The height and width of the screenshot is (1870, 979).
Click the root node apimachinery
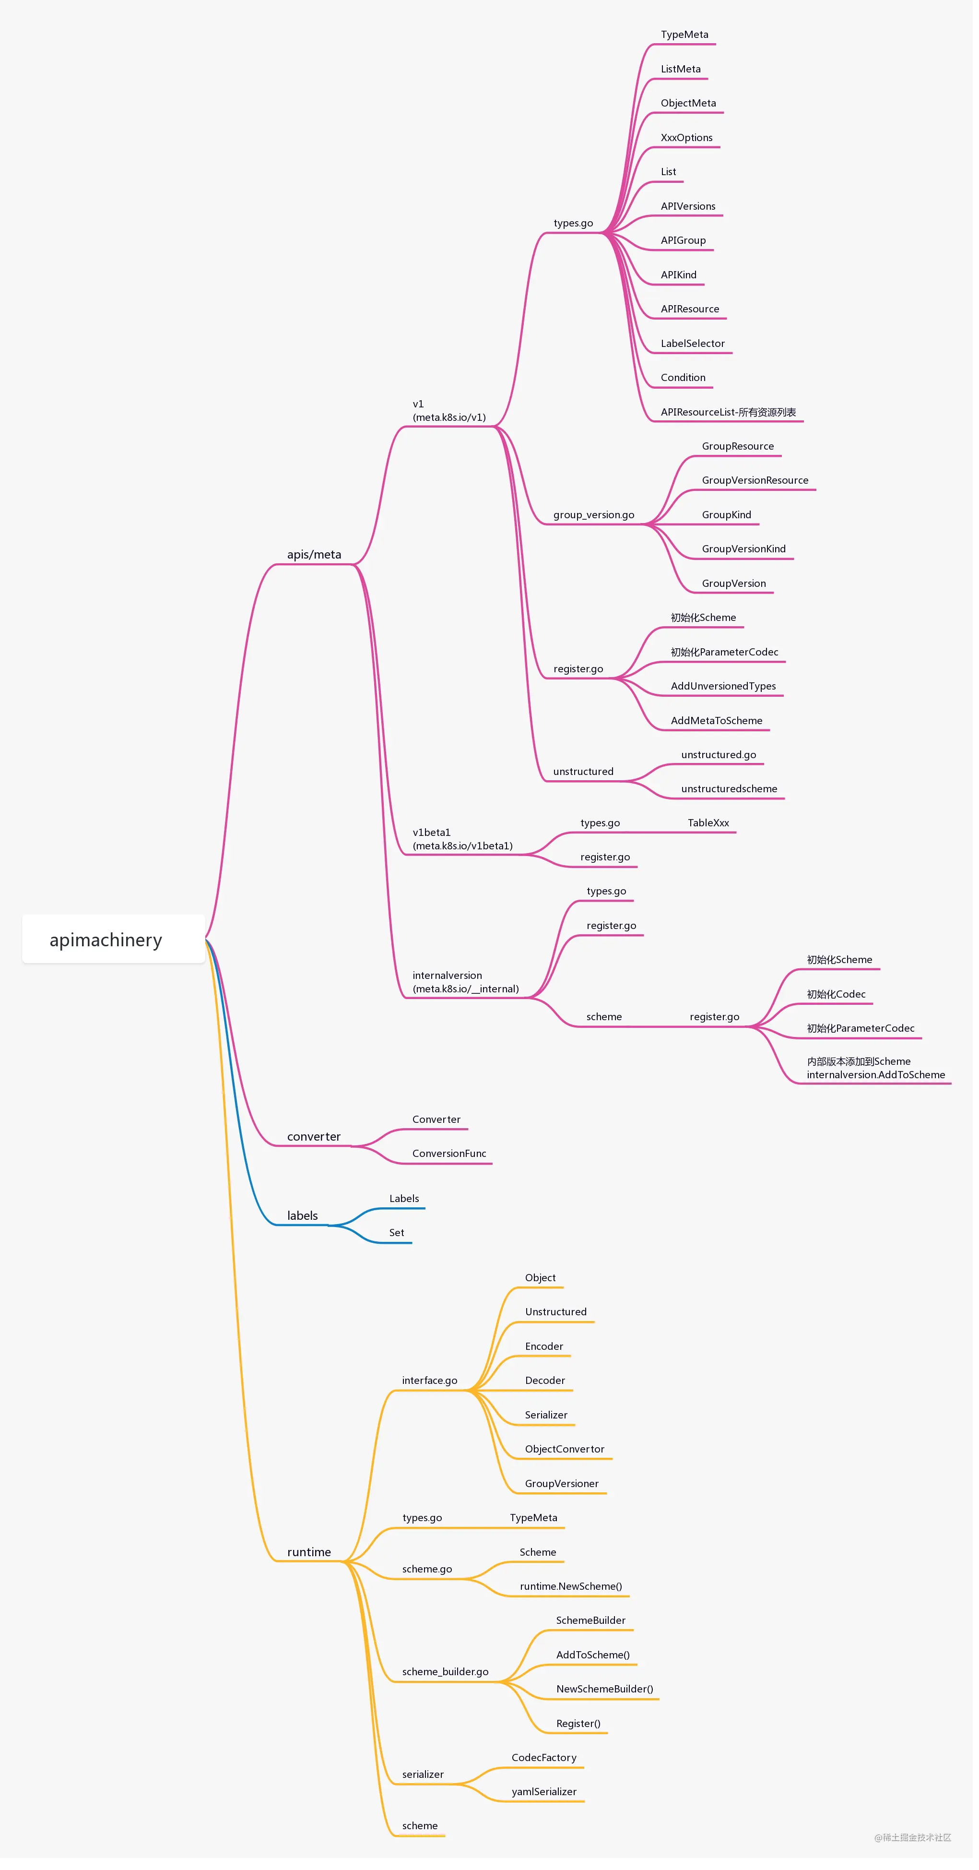(106, 940)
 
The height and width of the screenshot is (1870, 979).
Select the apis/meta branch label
(314, 555)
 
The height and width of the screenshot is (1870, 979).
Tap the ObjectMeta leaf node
(688, 103)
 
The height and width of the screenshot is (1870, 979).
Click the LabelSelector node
(692, 344)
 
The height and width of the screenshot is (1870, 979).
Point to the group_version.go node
(594, 515)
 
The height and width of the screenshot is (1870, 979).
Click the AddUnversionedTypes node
(723, 686)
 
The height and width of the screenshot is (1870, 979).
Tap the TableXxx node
(708, 823)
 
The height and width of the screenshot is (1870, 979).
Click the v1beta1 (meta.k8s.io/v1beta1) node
(462, 839)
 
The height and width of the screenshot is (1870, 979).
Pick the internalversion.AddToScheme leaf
(876, 1075)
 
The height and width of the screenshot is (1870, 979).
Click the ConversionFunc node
(449, 1154)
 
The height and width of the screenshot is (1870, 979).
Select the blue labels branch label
(303, 1216)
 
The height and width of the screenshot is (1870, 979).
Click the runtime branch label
(309, 1552)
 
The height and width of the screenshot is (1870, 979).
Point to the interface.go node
(430, 1381)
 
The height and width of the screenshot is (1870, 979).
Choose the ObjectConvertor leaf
(565, 1449)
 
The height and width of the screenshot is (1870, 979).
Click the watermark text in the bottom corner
(912, 1837)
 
